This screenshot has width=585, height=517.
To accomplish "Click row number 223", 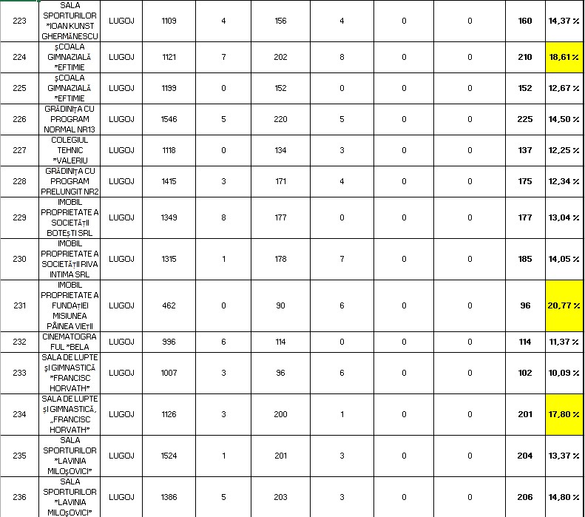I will [20, 21].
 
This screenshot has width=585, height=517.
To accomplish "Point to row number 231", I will [20, 305].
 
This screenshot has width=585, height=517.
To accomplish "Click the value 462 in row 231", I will [169, 305].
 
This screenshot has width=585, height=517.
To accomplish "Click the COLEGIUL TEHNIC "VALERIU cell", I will [70, 150].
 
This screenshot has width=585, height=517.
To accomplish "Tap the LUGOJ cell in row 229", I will [121, 217].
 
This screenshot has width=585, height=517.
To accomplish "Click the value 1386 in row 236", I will [169, 497].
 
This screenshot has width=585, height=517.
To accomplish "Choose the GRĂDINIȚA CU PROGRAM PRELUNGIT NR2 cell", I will [70, 181].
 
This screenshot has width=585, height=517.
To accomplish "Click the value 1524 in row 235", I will [169, 456].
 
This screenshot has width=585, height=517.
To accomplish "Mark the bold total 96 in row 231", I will [525, 305].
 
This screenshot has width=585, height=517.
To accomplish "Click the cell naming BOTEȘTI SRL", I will [70, 217].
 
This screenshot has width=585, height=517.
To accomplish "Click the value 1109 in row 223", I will [169, 21].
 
